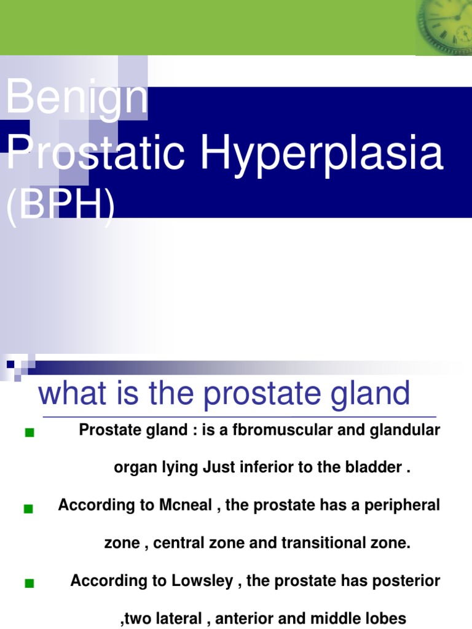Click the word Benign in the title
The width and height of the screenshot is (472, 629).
pos(77,98)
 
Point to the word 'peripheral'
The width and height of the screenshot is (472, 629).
pos(403,506)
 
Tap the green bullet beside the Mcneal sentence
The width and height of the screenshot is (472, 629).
pos(28,509)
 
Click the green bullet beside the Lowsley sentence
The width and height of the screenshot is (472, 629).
pos(29,584)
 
